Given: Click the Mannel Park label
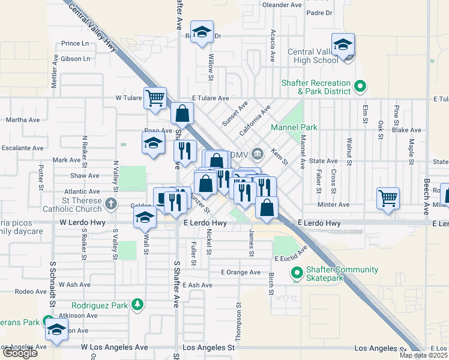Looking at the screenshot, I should [294, 128].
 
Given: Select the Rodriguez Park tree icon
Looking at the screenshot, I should [138, 305].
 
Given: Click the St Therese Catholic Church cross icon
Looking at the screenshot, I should [110, 204].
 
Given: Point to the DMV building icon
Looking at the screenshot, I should [258, 154].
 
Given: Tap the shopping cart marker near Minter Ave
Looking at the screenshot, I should [388, 199].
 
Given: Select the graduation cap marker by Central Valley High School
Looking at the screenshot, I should [343, 45].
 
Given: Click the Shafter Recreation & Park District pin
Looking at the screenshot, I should [360, 86].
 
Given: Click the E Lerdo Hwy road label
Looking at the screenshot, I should [205, 223].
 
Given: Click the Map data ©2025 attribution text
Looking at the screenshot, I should [423, 355].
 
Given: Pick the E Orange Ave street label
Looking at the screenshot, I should [241, 272].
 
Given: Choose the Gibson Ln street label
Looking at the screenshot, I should [76, 59].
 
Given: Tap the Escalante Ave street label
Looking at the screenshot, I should [22, 148].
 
